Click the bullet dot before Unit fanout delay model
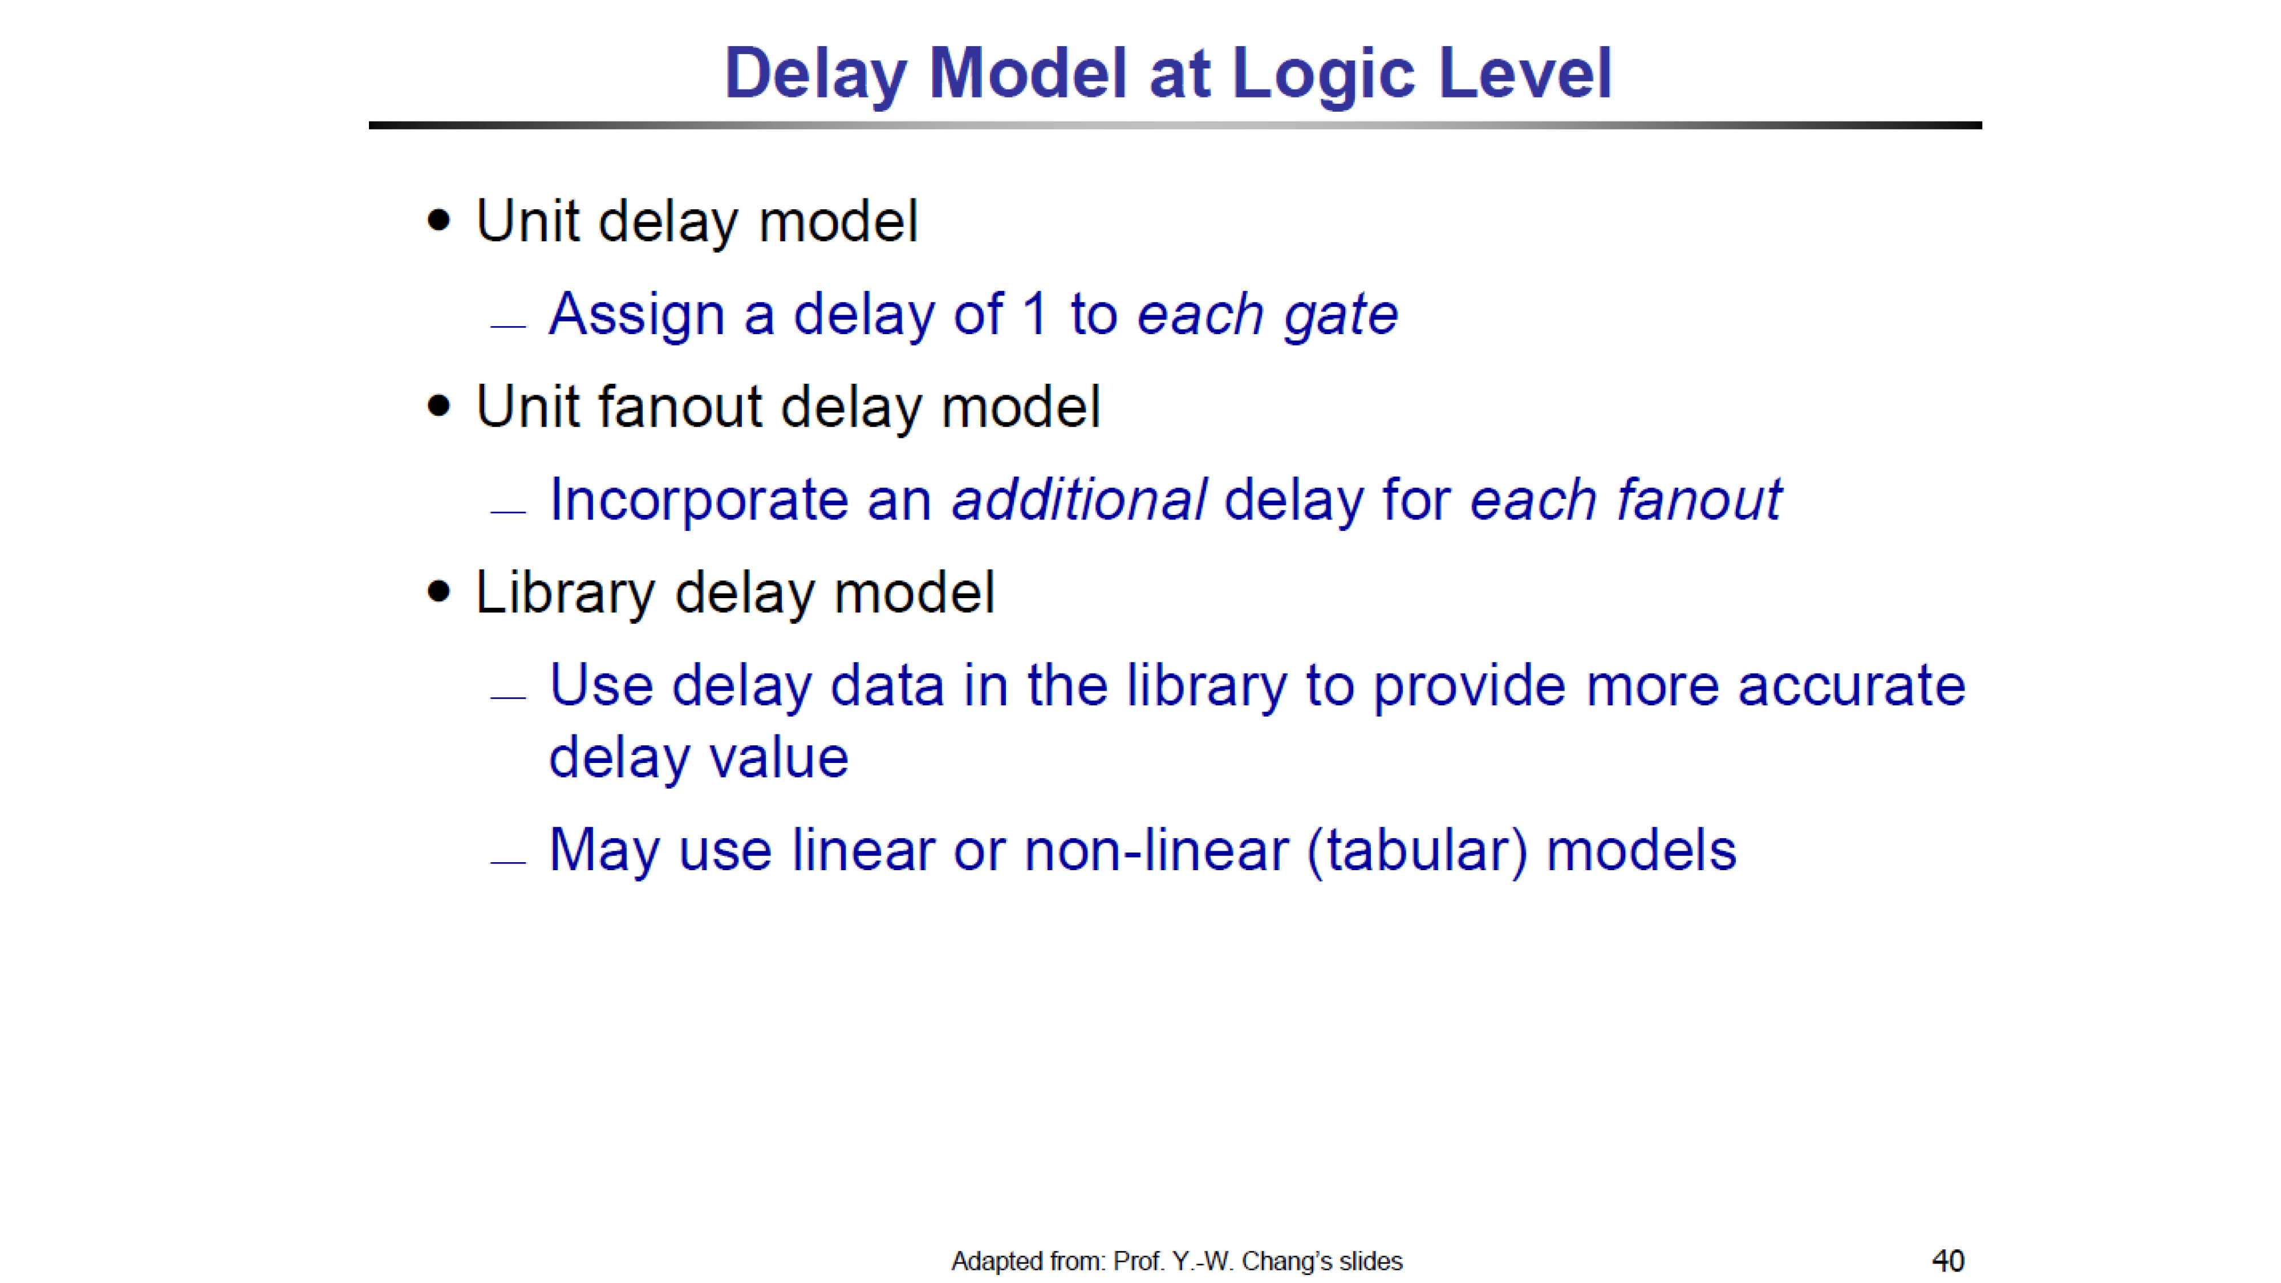(x=439, y=407)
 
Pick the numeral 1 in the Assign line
(x=1034, y=314)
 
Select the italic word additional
(x=1078, y=500)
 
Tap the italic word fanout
(x=1699, y=500)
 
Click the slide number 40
(x=1948, y=1260)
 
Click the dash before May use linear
(x=508, y=862)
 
